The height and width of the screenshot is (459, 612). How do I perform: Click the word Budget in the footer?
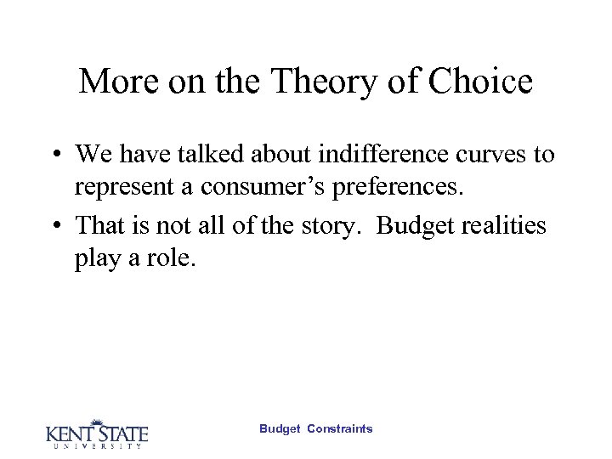coord(280,429)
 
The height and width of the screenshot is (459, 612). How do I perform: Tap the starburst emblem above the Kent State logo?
coord(96,422)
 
